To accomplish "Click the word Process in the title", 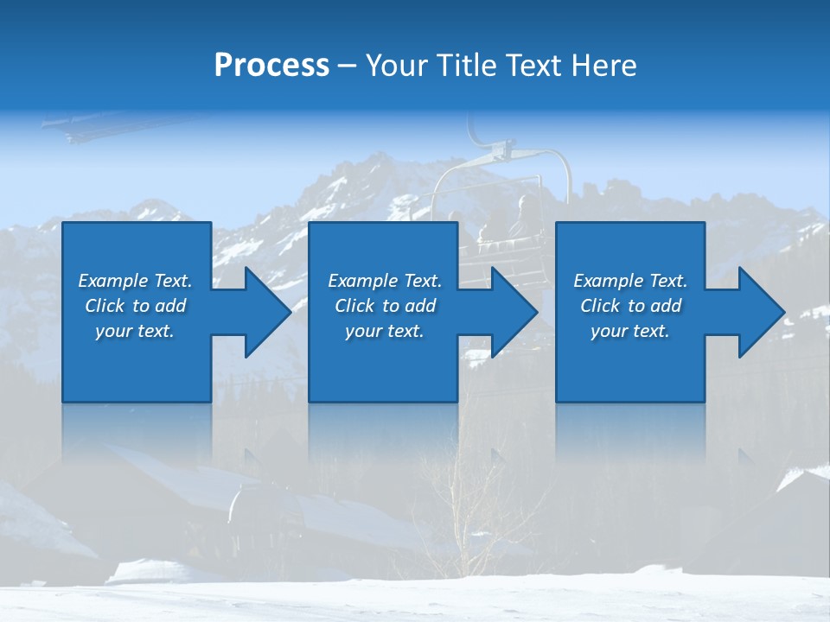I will tap(271, 66).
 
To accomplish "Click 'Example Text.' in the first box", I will tap(135, 281).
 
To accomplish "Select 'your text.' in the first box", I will tap(135, 331).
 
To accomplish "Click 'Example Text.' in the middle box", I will tap(385, 281).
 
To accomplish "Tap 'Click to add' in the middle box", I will tap(385, 306).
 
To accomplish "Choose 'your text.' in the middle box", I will tap(385, 331).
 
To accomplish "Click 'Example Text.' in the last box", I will tap(630, 281).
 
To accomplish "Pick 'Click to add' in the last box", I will tap(630, 306).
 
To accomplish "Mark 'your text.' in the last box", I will tap(630, 331).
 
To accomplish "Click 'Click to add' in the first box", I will tap(135, 306).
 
